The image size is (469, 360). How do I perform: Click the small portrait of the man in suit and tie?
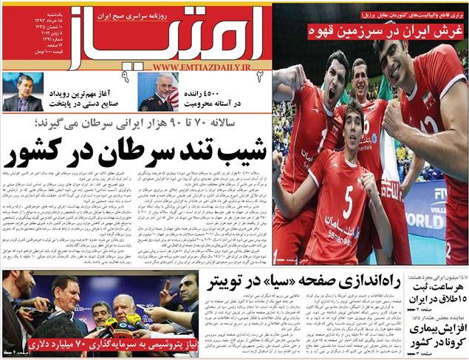22,92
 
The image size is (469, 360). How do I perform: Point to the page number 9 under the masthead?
126,75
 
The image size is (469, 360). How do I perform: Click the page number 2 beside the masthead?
260,75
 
